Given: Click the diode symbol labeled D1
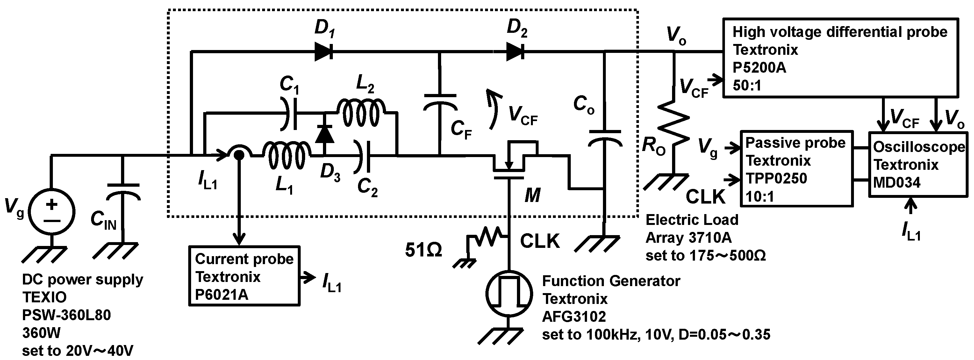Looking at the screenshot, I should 324,51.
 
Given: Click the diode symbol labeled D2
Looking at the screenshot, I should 515,51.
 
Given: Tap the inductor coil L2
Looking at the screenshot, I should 361,113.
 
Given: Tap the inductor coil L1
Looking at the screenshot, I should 287,155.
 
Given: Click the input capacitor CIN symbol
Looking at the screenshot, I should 123,191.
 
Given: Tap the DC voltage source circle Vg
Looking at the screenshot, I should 52,212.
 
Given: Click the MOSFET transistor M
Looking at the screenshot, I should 511,162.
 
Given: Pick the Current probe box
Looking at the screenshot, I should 244,276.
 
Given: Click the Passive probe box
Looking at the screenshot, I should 796,169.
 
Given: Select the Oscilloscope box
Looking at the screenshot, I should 918,164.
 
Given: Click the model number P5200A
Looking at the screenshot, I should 759,68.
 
